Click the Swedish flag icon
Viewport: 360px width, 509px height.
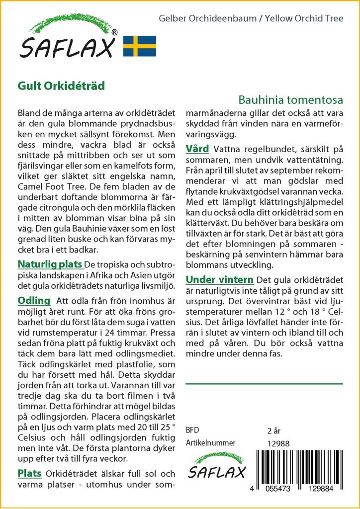coord(139,46)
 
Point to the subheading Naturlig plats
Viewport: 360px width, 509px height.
coord(50,263)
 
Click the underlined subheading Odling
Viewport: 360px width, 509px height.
coord(34,300)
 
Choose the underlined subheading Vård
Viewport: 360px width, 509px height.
coord(197,149)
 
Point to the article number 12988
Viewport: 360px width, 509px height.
coord(278,443)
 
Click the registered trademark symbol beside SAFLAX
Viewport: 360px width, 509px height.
coord(114,32)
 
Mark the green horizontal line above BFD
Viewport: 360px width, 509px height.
coord(264,384)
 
